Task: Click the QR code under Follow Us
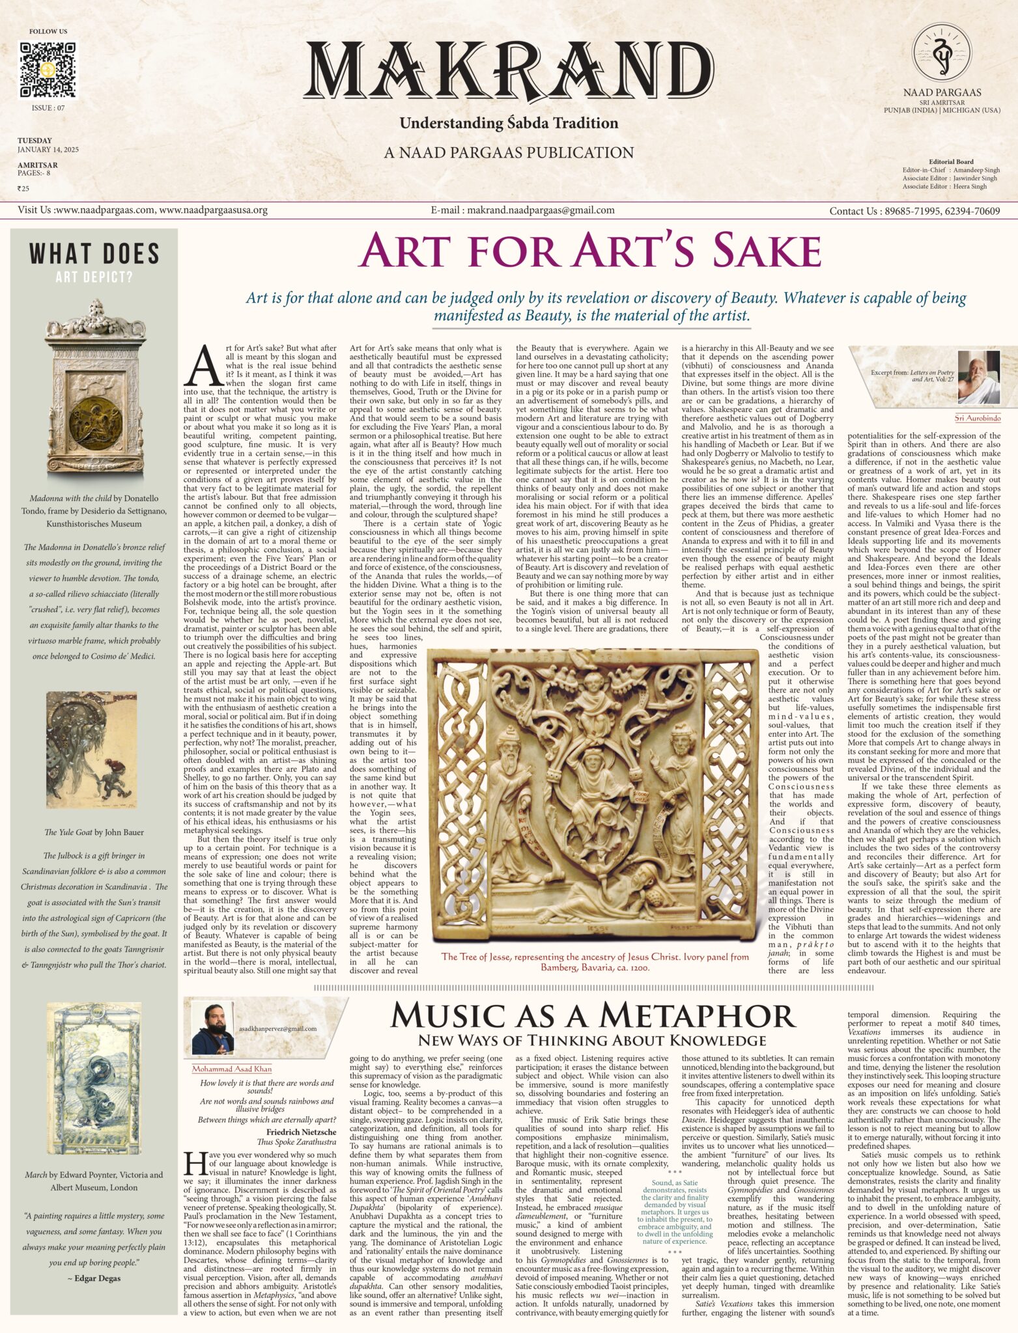48,70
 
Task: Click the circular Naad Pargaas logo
942,53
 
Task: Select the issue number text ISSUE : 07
48,108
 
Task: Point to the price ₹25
23,189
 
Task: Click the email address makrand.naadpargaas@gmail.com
522,210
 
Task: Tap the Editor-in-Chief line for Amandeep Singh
951,170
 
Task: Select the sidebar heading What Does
94,254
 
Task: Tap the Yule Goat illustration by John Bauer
92,749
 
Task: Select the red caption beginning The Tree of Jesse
595,961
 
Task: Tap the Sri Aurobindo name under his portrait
977,418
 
